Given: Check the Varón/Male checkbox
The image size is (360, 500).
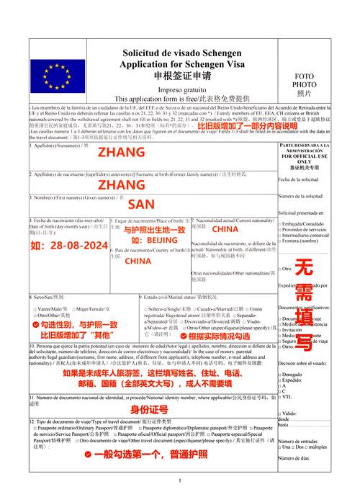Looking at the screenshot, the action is tap(35, 308).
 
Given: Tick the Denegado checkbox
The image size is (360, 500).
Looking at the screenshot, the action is tap(280, 375).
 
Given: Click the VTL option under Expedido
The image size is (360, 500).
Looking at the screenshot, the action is tap(280, 396).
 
